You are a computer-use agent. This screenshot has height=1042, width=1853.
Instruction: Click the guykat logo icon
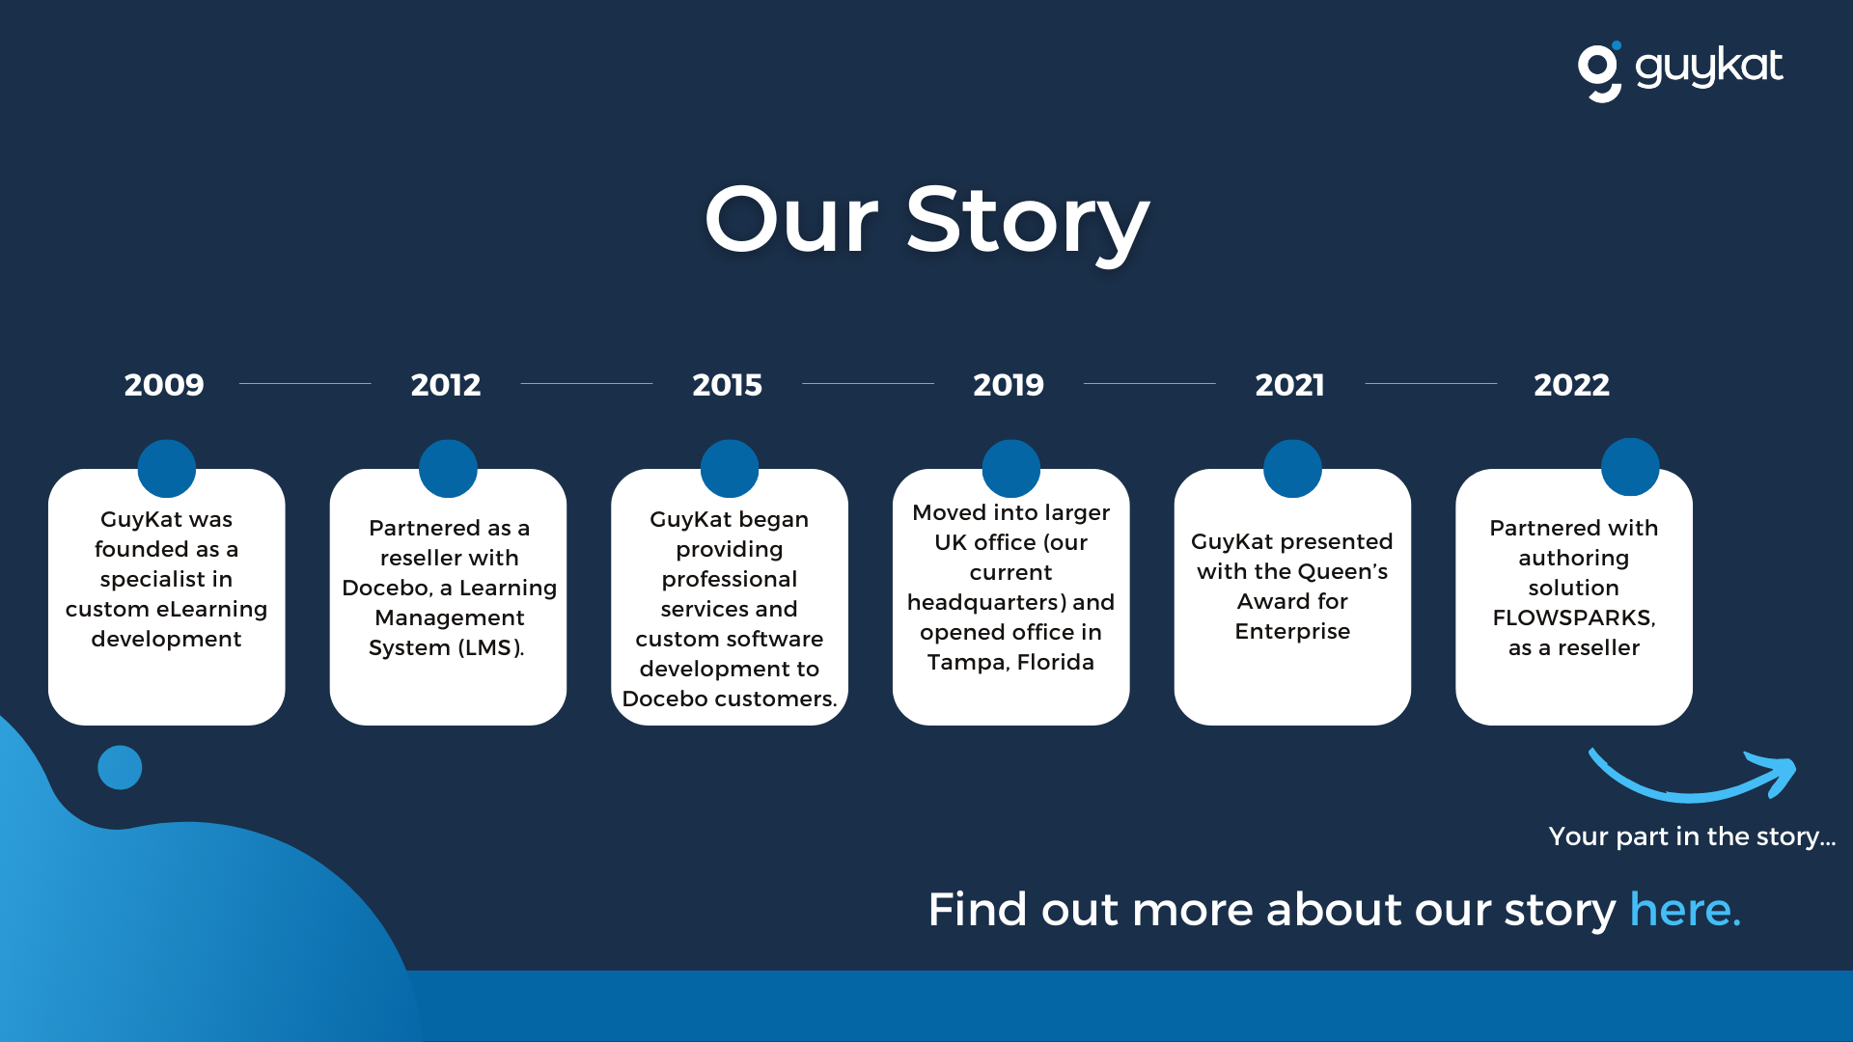tap(1599, 71)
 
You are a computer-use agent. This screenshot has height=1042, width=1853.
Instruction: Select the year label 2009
tap(164, 385)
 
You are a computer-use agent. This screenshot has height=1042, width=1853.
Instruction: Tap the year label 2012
tap(446, 385)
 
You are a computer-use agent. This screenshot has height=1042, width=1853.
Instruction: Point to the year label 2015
tap(727, 385)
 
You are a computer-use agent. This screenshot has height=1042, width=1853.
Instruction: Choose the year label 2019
tap(1009, 385)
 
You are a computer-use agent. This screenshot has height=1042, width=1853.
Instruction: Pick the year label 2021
tap(1289, 385)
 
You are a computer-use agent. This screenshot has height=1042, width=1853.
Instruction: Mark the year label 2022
tap(1571, 385)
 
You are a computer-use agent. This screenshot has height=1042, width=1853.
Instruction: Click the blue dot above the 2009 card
tap(167, 469)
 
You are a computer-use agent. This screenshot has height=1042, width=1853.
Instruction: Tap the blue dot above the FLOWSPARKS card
tap(1630, 467)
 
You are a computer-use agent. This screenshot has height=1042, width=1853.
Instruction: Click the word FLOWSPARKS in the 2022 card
tap(1574, 617)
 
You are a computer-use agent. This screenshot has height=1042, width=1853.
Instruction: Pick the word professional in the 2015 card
tap(730, 579)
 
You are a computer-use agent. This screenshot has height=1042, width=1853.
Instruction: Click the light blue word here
tap(1685, 910)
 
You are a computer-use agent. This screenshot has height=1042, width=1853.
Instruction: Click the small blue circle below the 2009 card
tap(120, 768)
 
